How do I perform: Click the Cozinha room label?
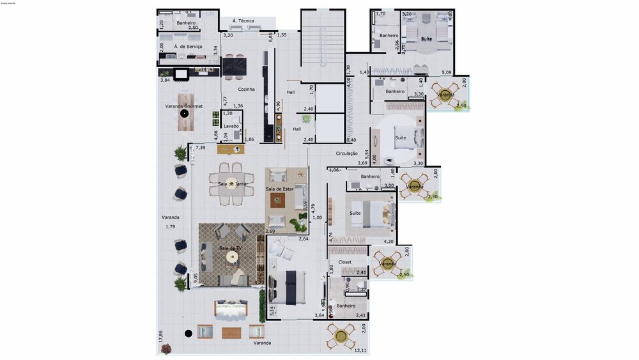[247, 90]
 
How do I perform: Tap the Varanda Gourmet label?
[184, 106]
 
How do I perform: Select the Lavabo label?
[231, 126]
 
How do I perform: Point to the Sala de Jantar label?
[233, 184]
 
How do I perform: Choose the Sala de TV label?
[230, 248]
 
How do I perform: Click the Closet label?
[345, 262]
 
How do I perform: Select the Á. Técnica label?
[243, 21]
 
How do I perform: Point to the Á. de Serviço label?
[189, 47]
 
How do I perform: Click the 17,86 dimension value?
[161, 336]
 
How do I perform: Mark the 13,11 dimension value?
[361, 350]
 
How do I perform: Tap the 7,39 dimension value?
[201, 148]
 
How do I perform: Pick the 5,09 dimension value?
[447, 73]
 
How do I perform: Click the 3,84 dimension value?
[165, 80]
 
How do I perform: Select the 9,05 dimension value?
[196, 278]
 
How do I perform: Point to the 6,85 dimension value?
[271, 38]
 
